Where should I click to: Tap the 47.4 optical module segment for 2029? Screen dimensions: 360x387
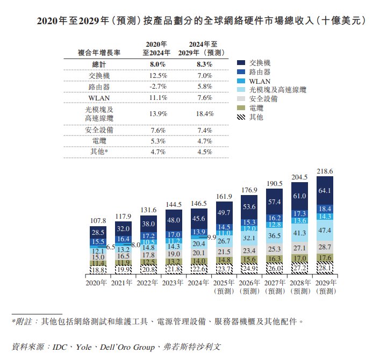click(325, 231)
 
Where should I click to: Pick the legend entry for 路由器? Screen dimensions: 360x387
click(260, 71)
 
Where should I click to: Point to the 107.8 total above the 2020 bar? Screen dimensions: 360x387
click(98, 221)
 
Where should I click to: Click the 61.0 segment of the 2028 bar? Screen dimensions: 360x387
click(299, 196)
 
